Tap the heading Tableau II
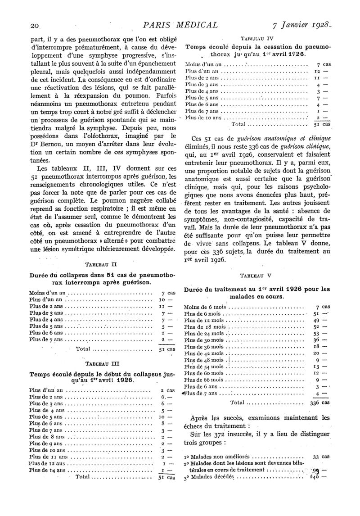[x=102, y=265]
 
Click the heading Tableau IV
[x=258, y=39]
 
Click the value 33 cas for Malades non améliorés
[x=321, y=456]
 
